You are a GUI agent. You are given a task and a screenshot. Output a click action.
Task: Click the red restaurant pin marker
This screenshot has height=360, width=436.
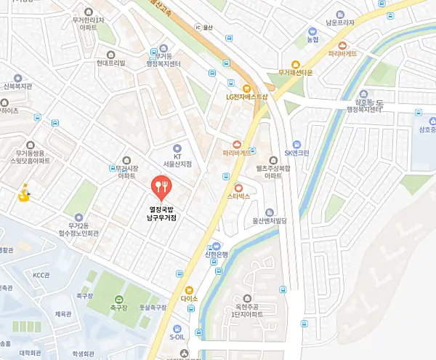tap(161, 188)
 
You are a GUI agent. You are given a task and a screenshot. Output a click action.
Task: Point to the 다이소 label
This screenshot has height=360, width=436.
tap(190, 298)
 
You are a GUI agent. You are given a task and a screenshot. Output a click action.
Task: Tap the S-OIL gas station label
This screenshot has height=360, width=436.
tap(177, 337)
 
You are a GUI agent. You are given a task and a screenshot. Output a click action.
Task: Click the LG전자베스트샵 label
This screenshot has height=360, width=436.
tap(246, 96)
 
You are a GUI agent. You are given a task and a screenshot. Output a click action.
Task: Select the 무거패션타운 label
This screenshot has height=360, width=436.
tap(295, 73)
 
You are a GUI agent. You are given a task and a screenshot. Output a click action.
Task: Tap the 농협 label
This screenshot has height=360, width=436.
tap(313, 39)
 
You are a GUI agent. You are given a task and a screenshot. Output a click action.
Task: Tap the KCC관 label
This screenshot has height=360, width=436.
tap(42, 275)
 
